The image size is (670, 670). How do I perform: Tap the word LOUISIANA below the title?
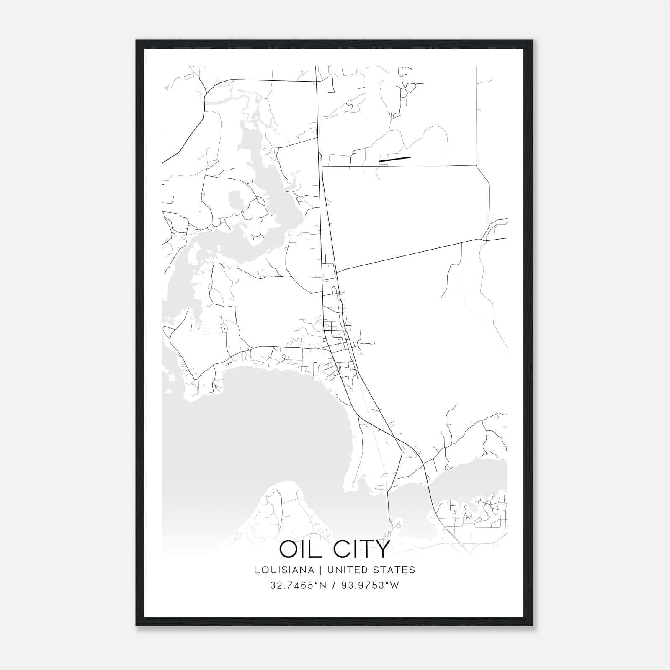tap(284, 570)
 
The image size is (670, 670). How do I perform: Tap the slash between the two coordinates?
tap(333, 585)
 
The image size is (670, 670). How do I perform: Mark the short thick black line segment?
tap(394, 159)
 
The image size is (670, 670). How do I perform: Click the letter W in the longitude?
tap(394, 585)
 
